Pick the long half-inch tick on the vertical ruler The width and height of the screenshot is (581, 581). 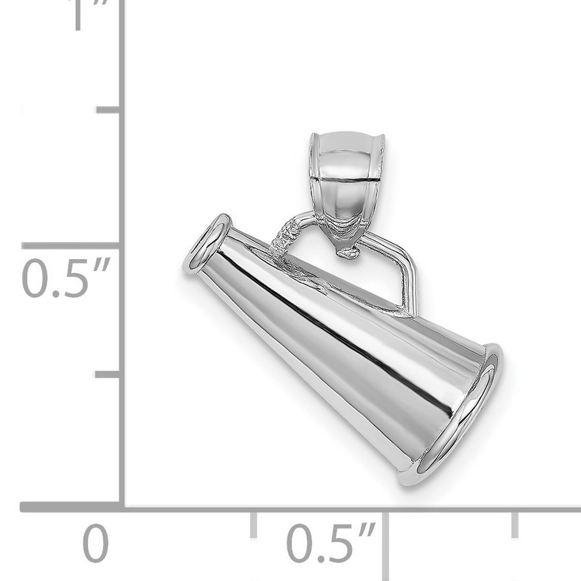pyautogui.click(x=72, y=245)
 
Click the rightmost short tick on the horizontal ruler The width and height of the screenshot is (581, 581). pyautogui.click(x=516, y=524)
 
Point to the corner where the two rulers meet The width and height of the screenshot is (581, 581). pyautogui.click(x=123, y=506)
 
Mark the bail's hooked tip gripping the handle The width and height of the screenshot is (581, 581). pyautogui.click(x=348, y=253)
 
